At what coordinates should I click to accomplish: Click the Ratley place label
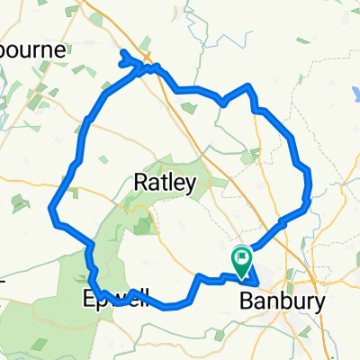pyautogui.click(x=164, y=184)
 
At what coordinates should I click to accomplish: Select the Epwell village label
pyautogui.click(x=112, y=296)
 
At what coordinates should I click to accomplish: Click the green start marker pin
pyautogui.click(x=241, y=259)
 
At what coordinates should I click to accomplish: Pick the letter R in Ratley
pyautogui.click(x=140, y=184)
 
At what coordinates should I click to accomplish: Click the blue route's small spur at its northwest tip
pyautogui.click(x=123, y=57)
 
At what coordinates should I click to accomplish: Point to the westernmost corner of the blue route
pyautogui.click(x=52, y=212)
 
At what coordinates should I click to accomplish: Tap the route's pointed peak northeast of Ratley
pyautogui.click(x=247, y=86)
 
